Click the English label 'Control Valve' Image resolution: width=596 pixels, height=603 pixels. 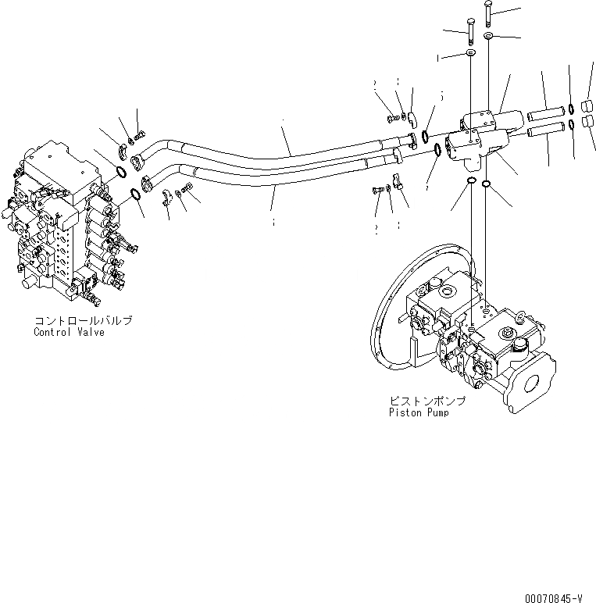(x=69, y=332)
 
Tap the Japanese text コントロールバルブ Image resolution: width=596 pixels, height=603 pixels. (x=82, y=321)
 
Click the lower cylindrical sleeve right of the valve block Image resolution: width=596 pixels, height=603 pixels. (x=544, y=130)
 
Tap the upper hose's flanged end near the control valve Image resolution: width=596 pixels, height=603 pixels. (x=140, y=162)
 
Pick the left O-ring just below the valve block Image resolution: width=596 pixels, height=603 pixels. (x=472, y=182)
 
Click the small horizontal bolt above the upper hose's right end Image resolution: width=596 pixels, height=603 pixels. (x=392, y=118)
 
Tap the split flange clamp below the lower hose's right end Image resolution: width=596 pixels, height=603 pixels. (x=397, y=183)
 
